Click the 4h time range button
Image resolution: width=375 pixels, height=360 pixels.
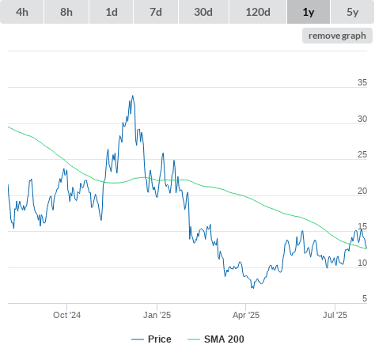click(x=22, y=12)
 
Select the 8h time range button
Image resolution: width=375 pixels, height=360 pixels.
click(x=66, y=12)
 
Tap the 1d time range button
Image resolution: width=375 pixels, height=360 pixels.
click(x=112, y=12)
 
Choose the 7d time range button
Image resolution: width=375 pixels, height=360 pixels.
click(x=156, y=12)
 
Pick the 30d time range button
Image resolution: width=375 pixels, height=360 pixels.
click(x=203, y=12)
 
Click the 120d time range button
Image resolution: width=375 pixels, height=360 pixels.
click(x=258, y=12)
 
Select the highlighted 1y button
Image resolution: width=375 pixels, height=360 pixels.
click(x=309, y=12)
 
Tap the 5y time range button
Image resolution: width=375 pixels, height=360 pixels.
click(x=352, y=12)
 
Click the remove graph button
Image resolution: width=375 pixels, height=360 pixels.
click(x=337, y=36)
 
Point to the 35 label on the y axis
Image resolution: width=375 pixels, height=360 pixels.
click(x=362, y=82)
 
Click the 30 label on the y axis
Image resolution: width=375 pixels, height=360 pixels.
click(x=362, y=119)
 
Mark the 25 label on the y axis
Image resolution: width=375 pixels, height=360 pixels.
click(x=362, y=154)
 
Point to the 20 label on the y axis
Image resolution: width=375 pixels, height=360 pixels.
click(x=362, y=191)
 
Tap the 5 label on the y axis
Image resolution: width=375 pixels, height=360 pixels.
click(x=365, y=298)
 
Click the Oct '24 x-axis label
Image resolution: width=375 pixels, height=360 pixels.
click(x=66, y=315)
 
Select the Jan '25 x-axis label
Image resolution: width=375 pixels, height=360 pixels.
click(x=157, y=315)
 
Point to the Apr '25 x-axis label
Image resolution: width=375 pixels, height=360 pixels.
click(x=246, y=315)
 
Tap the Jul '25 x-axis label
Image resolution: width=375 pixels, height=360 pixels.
click(x=335, y=315)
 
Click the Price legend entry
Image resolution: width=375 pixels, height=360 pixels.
click(x=151, y=339)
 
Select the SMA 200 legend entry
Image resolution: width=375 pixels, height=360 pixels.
click(x=216, y=339)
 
